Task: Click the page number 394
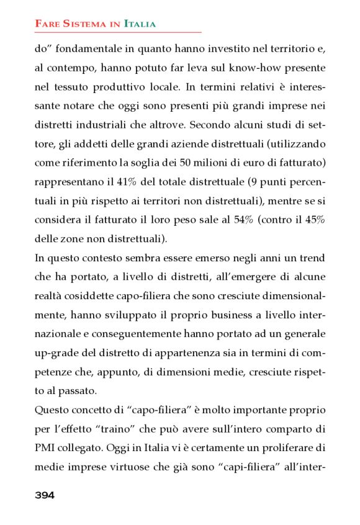(x=45, y=495)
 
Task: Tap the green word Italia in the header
(x=140, y=24)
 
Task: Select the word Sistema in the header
(x=88, y=24)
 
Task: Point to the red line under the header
(x=118, y=32)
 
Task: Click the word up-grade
(x=53, y=352)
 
